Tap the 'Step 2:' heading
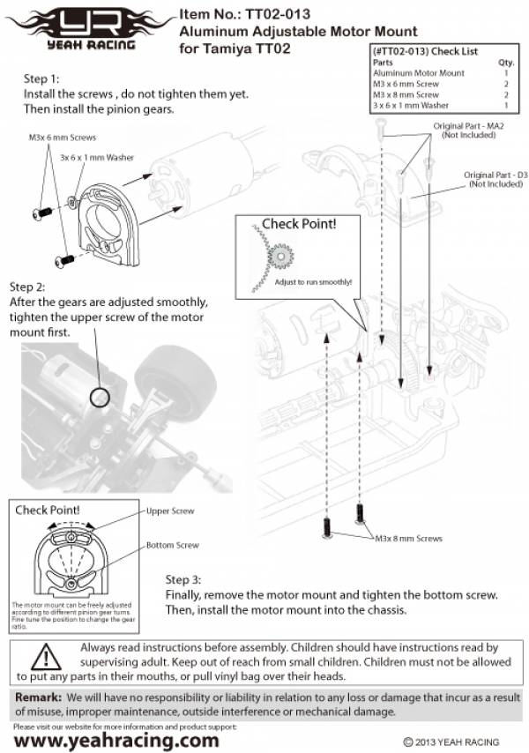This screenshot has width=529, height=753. point(29,287)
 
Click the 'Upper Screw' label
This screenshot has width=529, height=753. point(169,511)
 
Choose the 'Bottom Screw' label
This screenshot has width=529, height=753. point(172,546)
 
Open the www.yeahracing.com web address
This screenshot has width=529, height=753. point(116,741)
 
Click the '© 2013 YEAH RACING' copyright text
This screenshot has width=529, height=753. point(451,742)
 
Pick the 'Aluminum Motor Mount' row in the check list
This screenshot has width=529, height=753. point(418,73)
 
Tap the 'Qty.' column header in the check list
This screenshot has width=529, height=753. point(506,63)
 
